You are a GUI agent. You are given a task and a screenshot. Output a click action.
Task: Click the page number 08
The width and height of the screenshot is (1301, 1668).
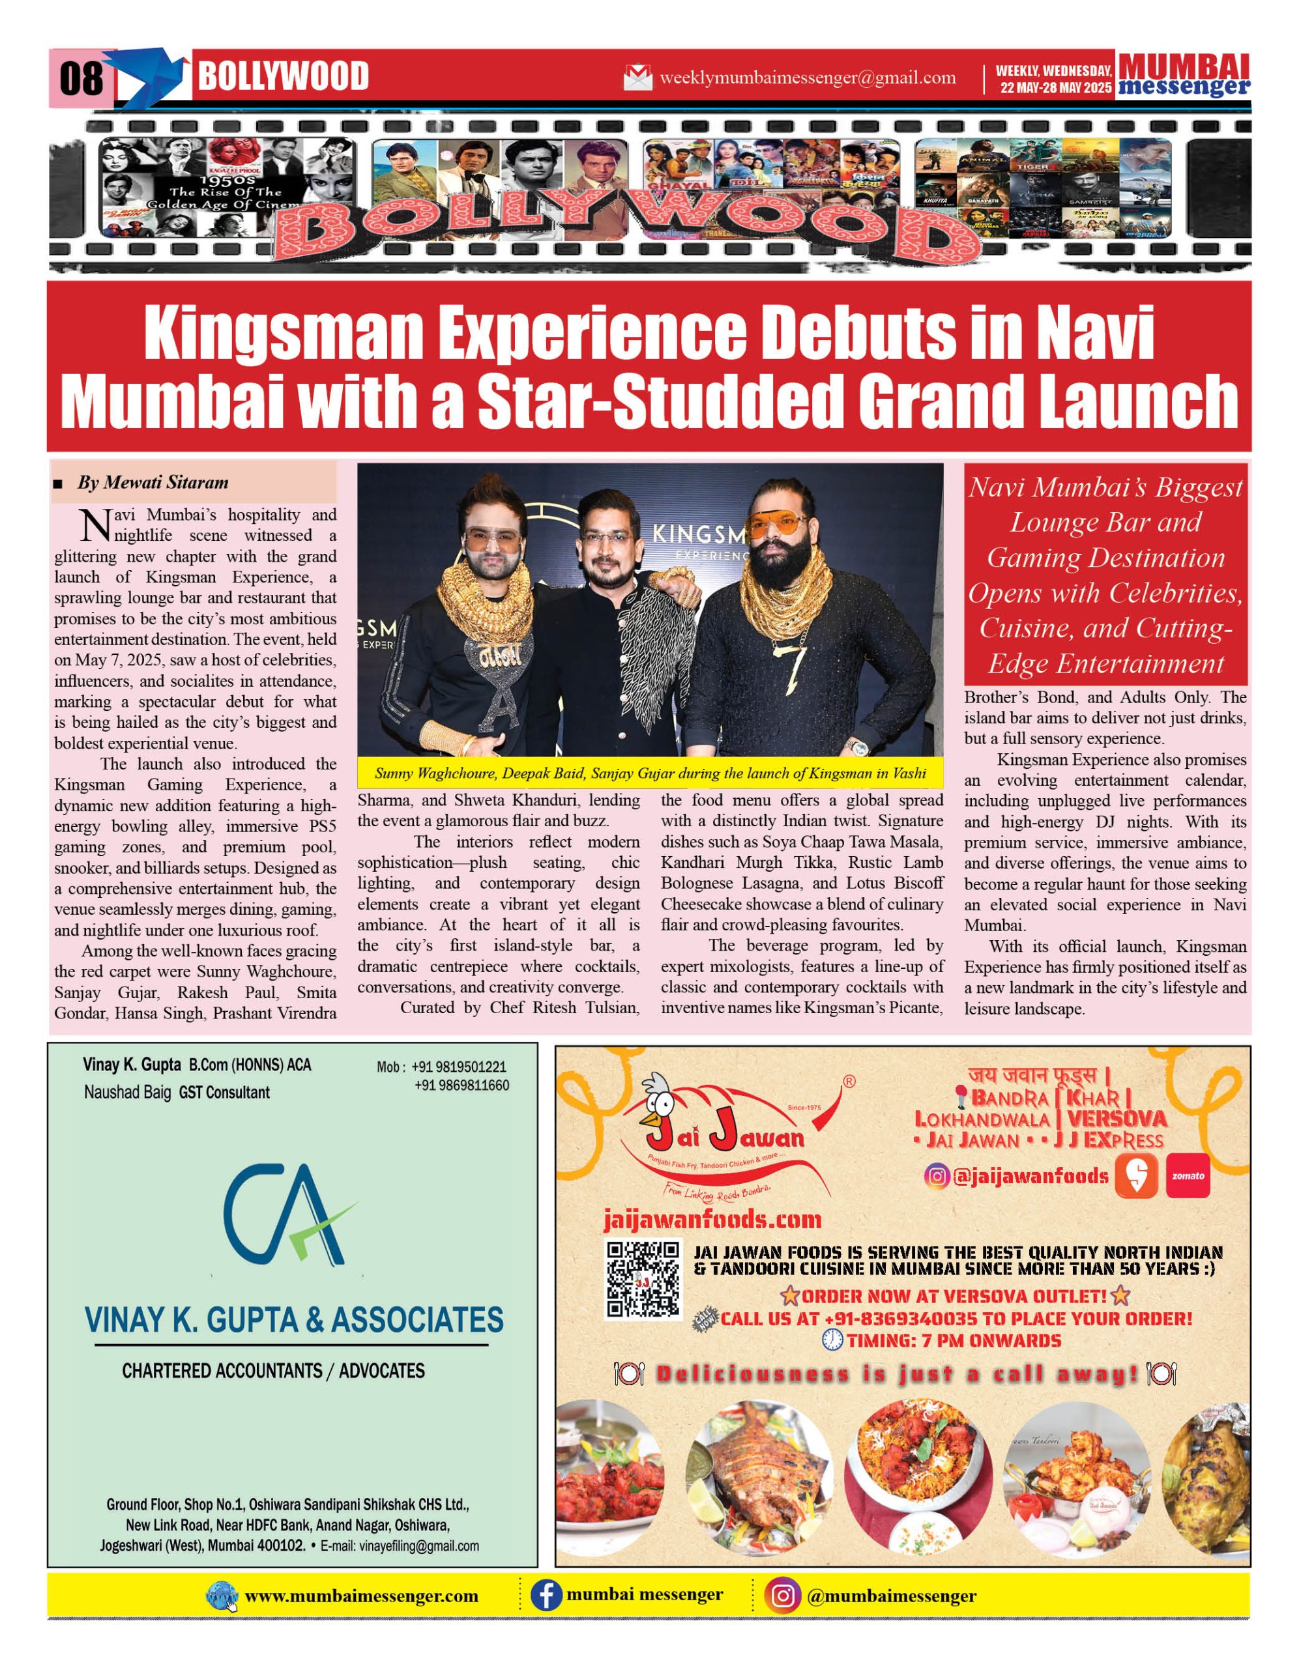pyautogui.click(x=80, y=78)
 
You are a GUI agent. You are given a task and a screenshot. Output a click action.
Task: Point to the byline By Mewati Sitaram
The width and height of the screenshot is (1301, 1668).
pyautogui.click(x=152, y=483)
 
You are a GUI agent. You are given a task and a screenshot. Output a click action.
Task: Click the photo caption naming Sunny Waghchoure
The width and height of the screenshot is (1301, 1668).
pyautogui.click(x=650, y=773)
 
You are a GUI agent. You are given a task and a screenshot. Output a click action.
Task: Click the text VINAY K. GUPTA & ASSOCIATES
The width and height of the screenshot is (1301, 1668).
pyautogui.click(x=294, y=1321)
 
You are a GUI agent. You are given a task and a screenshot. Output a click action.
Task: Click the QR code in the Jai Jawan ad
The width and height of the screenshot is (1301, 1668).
pyautogui.click(x=643, y=1280)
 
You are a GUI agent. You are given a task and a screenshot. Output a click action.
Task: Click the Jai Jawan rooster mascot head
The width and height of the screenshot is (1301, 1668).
pyautogui.click(x=658, y=1097)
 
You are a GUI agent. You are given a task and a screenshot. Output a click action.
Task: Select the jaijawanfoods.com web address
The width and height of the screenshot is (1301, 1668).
pyautogui.click(x=712, y=1220)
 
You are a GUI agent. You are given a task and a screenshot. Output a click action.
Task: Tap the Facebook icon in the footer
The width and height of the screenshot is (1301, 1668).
pyautogui.click(x=546, y=1597)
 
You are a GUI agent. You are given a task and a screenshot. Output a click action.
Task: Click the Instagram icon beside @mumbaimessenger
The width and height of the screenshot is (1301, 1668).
pyautogui.click(x=782, y=1597)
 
